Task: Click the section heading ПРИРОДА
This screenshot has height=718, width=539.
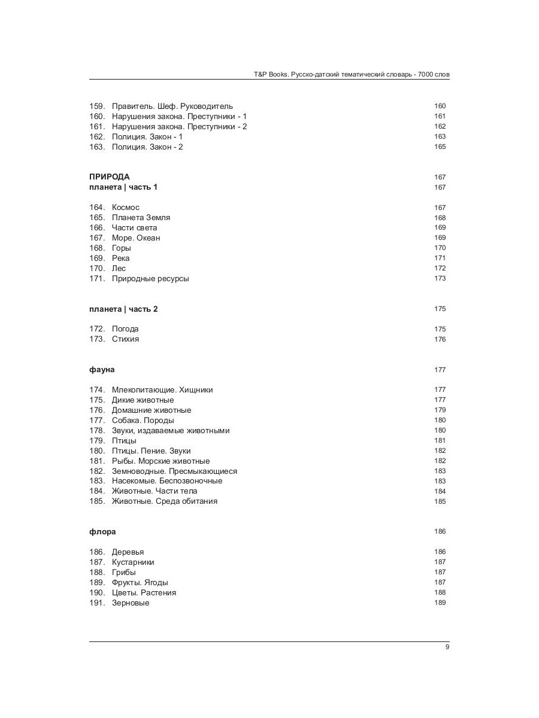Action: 110,177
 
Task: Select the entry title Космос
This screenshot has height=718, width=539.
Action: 125,208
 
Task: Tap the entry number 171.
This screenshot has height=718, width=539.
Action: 97,279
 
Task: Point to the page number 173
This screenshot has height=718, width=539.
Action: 440,279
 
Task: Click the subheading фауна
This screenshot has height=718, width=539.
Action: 102,370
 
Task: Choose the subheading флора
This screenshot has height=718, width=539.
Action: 102,532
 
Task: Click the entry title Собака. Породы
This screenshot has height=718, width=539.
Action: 143,421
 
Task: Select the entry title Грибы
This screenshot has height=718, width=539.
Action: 123,573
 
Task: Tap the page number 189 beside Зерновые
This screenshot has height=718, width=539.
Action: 440,603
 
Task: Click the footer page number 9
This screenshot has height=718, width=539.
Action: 447,647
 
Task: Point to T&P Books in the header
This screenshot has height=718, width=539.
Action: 267,75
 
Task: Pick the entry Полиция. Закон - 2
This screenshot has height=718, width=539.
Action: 147,147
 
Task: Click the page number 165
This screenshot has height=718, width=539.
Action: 440,147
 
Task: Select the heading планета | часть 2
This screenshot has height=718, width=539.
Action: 123,309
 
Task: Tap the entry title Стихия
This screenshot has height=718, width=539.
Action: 125,339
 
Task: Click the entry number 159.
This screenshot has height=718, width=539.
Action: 97,107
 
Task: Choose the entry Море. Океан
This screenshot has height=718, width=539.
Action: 135,238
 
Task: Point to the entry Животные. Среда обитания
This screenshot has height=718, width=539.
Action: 164,501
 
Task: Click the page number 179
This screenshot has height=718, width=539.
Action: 440,410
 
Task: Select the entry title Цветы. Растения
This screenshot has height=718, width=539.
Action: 144,593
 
